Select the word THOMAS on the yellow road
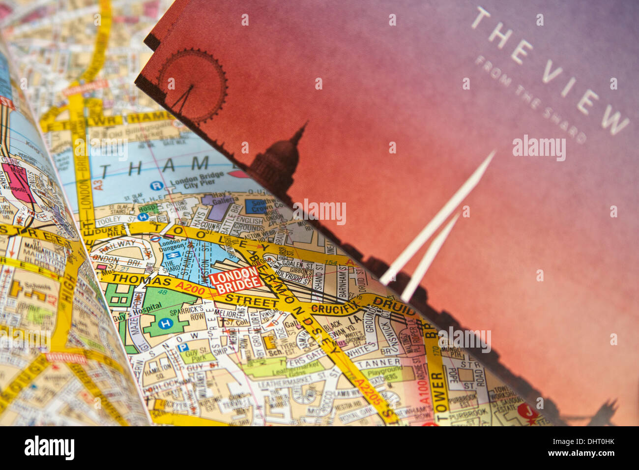point(142,280)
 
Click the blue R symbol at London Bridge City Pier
point(156,185)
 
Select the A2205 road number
point(368,390)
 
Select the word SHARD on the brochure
point(565,118)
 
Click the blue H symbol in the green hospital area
point(166,323)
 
